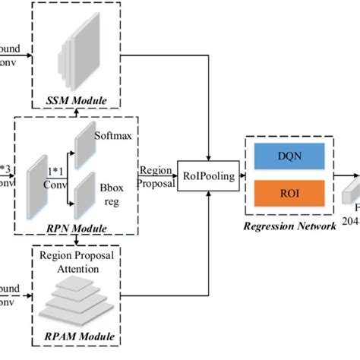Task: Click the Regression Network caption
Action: (x=289, y=225)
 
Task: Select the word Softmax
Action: (x=112, y=137)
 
